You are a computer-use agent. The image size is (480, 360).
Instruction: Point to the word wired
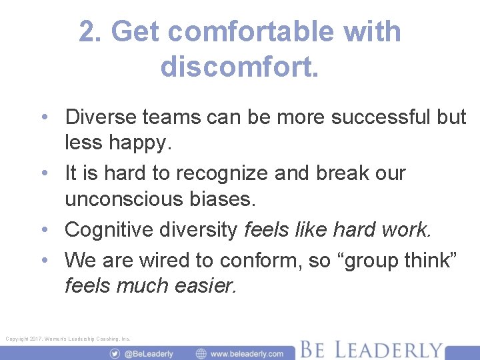[x=175, y=260]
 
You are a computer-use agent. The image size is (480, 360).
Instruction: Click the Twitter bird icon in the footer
[x=115, y=353]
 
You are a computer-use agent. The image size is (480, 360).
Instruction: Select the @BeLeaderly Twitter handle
[x=149, y=353]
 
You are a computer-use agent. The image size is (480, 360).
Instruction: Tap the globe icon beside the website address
[x=201, y=353]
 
